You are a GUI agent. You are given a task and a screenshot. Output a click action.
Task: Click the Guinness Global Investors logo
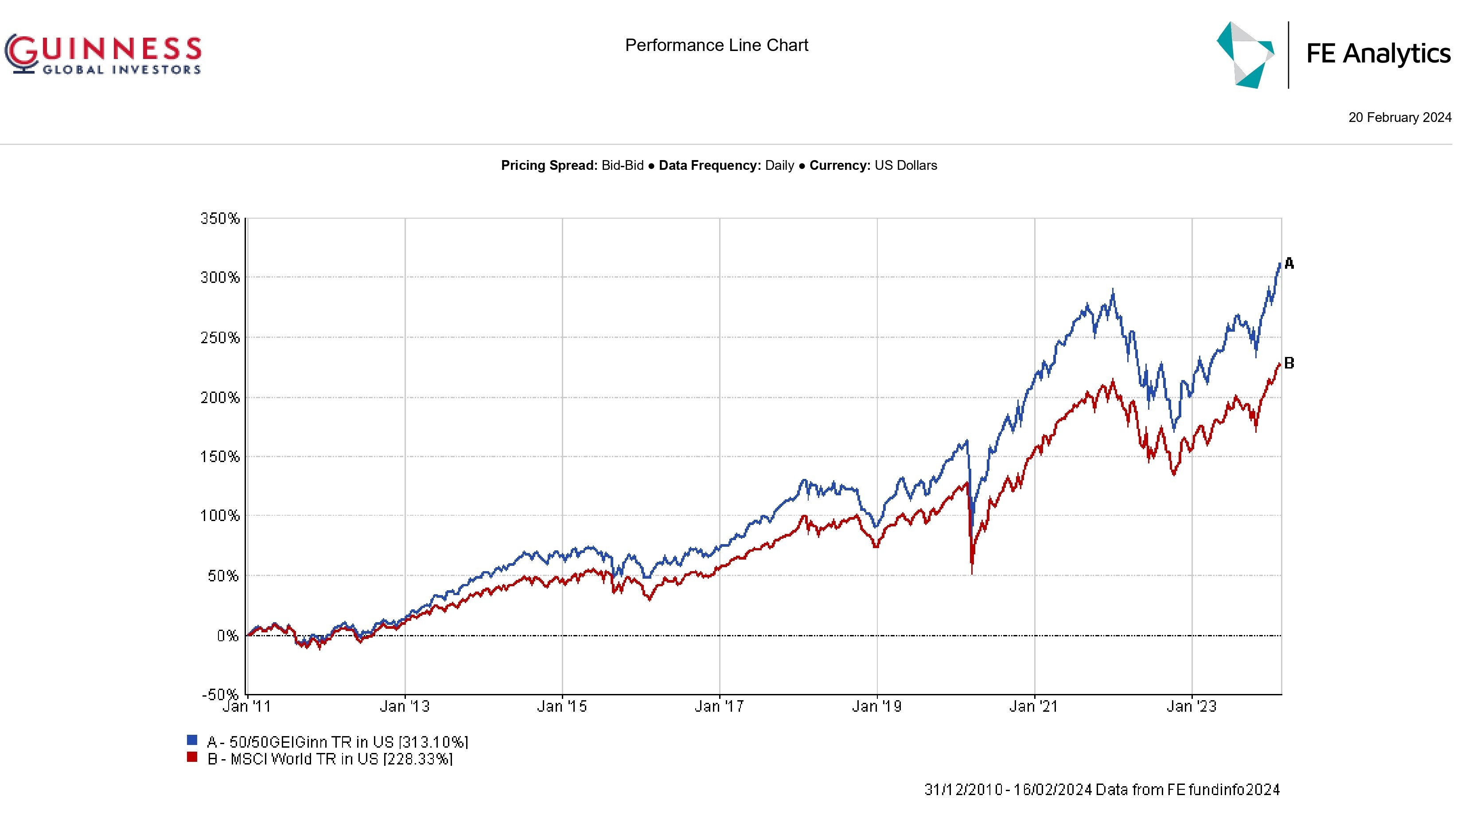point(103,55)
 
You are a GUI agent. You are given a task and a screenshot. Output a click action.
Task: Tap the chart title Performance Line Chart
point(716,45)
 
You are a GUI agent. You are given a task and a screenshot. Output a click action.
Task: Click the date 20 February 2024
point(1399,118)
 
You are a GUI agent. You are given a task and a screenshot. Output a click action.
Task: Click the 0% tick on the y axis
point(227,635)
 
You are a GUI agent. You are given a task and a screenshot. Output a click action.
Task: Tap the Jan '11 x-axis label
point(246,706)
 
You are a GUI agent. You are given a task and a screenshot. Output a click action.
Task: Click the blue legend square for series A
point(192,741)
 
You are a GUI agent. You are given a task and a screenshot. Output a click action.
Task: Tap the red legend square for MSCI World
point(192,757)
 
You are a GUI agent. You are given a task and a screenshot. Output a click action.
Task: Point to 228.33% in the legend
point(418,759)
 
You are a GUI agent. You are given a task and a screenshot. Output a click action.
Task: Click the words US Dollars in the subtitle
point(906,166)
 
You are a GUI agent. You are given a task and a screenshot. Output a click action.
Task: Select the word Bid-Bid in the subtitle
point(622,166)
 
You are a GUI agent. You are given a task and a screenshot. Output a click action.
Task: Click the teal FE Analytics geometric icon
point(1245,55)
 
